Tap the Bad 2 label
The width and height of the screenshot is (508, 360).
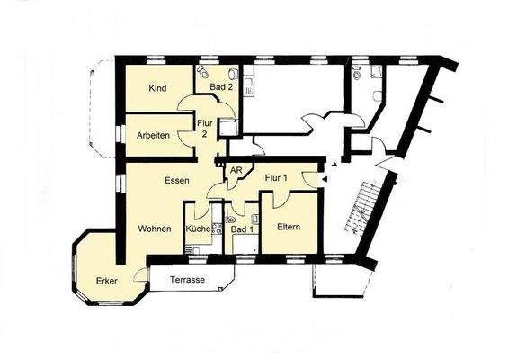(x=221, y=88)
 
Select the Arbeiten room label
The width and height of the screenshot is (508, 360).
(x=155, y=135)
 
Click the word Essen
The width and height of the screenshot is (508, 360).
(x=176, y=181)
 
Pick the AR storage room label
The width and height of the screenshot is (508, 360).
(x=236, y=170)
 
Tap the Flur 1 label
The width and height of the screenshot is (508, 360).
(x=276, y=178)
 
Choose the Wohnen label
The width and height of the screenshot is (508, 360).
(x=155, y=229)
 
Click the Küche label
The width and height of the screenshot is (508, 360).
(x=198, y=229)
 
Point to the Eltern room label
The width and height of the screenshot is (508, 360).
(x=289, y=225)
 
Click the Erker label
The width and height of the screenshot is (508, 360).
(x=107, y=281)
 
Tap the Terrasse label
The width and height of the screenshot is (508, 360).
(x=186, y=280)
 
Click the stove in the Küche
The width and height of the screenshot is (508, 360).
(x=216, y=229)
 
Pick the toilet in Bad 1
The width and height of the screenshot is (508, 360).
(x=232, y=217)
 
